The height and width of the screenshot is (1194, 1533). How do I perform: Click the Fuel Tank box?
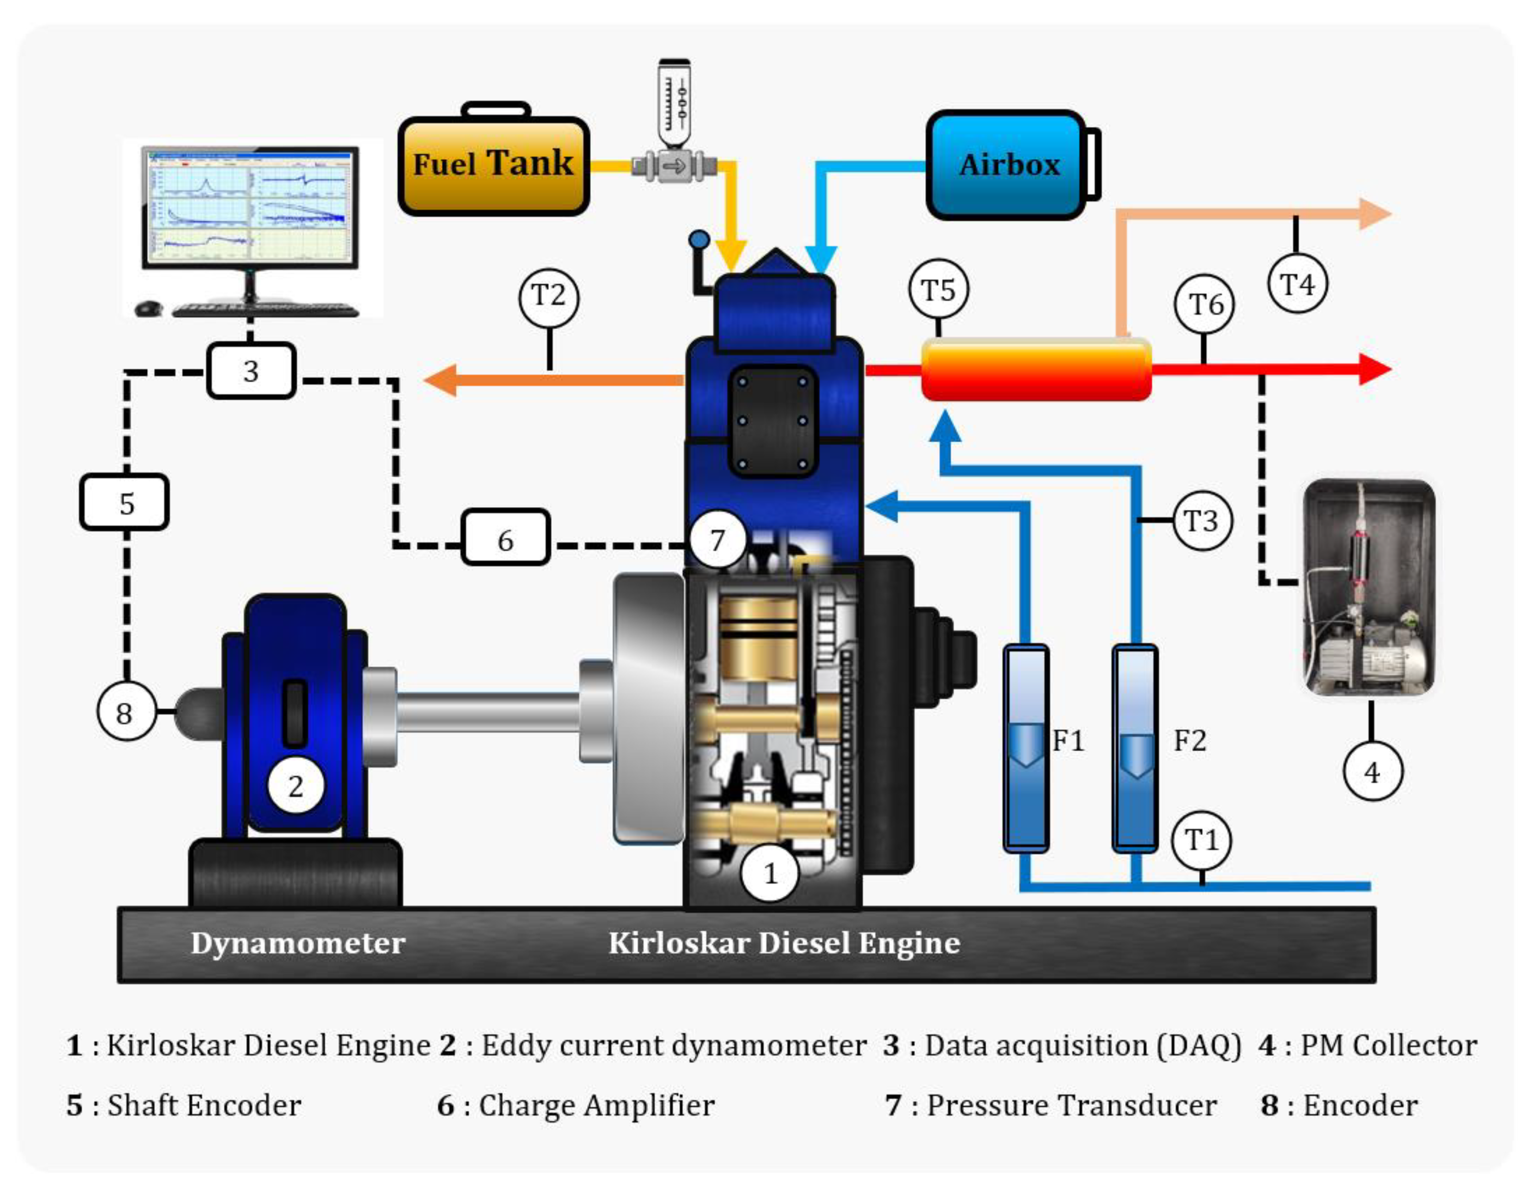493,166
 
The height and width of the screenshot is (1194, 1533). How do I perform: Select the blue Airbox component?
1007,166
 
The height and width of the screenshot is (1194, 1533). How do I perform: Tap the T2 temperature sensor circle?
548,297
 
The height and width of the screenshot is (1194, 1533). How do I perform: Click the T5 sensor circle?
938,290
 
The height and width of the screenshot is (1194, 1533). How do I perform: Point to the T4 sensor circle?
1297,284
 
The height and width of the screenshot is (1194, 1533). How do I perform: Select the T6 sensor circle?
1205,304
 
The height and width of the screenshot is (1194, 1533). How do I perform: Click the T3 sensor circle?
1202,521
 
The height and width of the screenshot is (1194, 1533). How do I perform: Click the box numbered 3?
251,370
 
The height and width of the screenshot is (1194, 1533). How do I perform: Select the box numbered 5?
125,503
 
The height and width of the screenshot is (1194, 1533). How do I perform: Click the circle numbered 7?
717,540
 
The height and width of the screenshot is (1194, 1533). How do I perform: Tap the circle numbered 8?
125,712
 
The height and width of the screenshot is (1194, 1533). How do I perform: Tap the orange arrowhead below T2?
441,380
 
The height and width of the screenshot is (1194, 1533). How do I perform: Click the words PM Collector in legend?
1388,1045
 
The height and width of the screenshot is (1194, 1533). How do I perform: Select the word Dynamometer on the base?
298,943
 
